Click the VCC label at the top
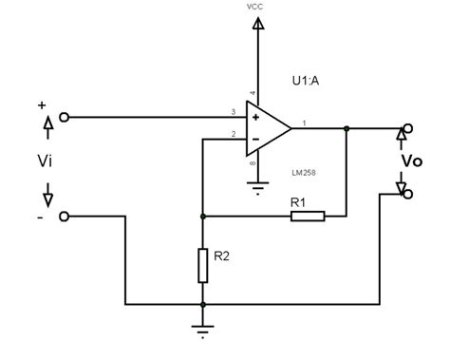click(254, 7)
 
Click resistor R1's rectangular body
click(308, 217)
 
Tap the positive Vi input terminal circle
click(64, 118)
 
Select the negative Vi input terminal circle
click(64, 217)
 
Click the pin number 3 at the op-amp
click(233, 112)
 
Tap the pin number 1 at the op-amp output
click(304, 122)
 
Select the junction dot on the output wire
click(348, 127)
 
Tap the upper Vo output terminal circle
click(408, 127)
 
